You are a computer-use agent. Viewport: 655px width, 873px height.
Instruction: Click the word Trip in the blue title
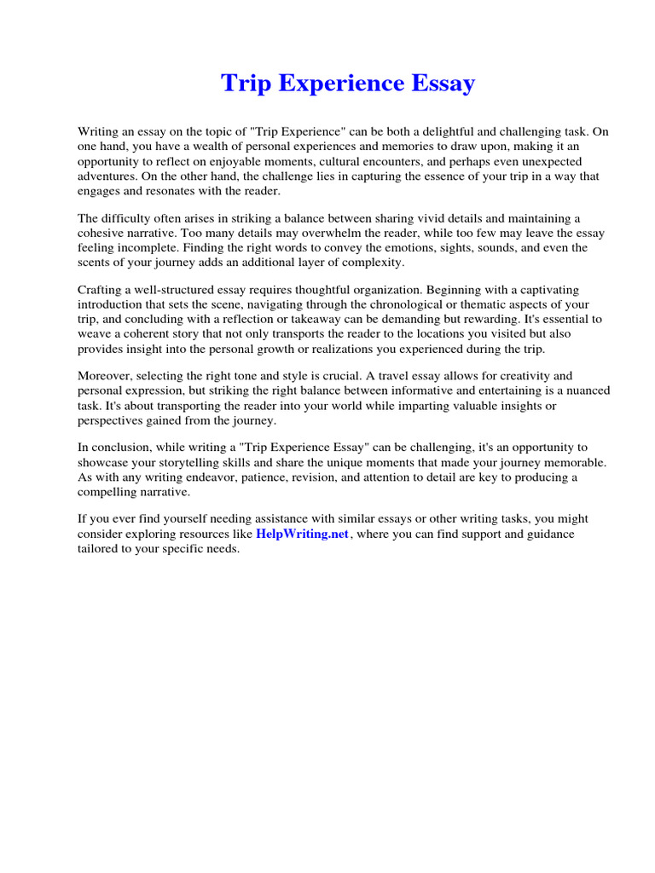click(x=241, y=84)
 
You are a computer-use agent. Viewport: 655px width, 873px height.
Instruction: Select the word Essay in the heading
click(x=438, y=84)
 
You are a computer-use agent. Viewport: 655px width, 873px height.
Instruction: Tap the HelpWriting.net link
click(x=303, y=534)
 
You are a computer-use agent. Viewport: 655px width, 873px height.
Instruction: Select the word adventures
click(x=108, y=176)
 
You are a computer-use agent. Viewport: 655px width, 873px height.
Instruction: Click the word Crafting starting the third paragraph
click(x=101, y=291)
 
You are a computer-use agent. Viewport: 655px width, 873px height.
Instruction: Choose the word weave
click(x=95, y=334)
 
